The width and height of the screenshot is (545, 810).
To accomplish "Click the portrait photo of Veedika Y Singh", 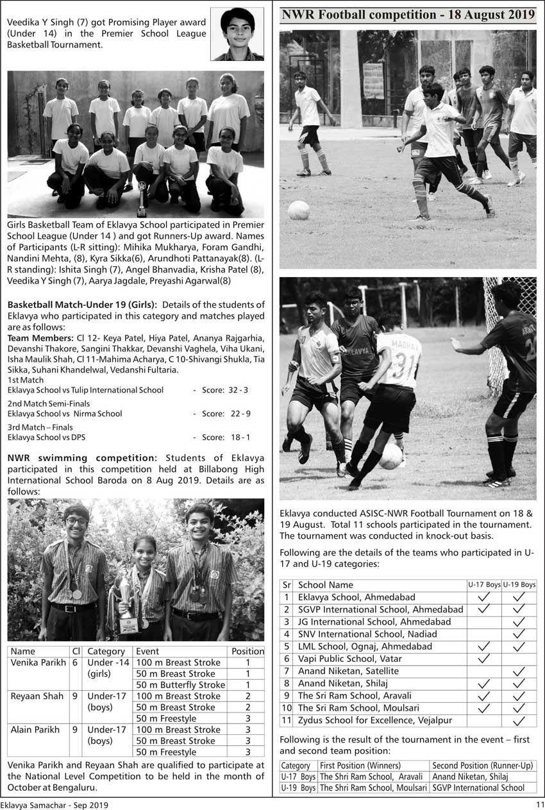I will [237, 34].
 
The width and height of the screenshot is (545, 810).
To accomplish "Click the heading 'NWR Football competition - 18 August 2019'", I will [408, 15].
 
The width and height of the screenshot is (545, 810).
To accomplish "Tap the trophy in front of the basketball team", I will [142, 201].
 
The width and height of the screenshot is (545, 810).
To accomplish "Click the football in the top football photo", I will [298, 210].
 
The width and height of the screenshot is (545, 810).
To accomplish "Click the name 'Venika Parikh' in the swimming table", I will [38, 662].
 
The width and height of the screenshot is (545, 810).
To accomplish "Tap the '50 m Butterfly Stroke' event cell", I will [180, 685].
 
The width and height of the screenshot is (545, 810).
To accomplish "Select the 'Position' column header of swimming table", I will [247, 651].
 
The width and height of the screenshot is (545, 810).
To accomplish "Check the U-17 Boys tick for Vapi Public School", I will [484, 659].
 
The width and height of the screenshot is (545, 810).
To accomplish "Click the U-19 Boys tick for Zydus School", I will [519, 720].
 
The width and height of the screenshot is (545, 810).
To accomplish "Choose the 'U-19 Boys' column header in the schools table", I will [519, 585].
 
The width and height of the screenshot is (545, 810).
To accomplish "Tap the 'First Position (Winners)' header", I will [360, 766].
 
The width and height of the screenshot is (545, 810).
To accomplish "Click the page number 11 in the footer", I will [540, 805].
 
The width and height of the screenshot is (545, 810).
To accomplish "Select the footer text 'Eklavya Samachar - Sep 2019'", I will [55, 805].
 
